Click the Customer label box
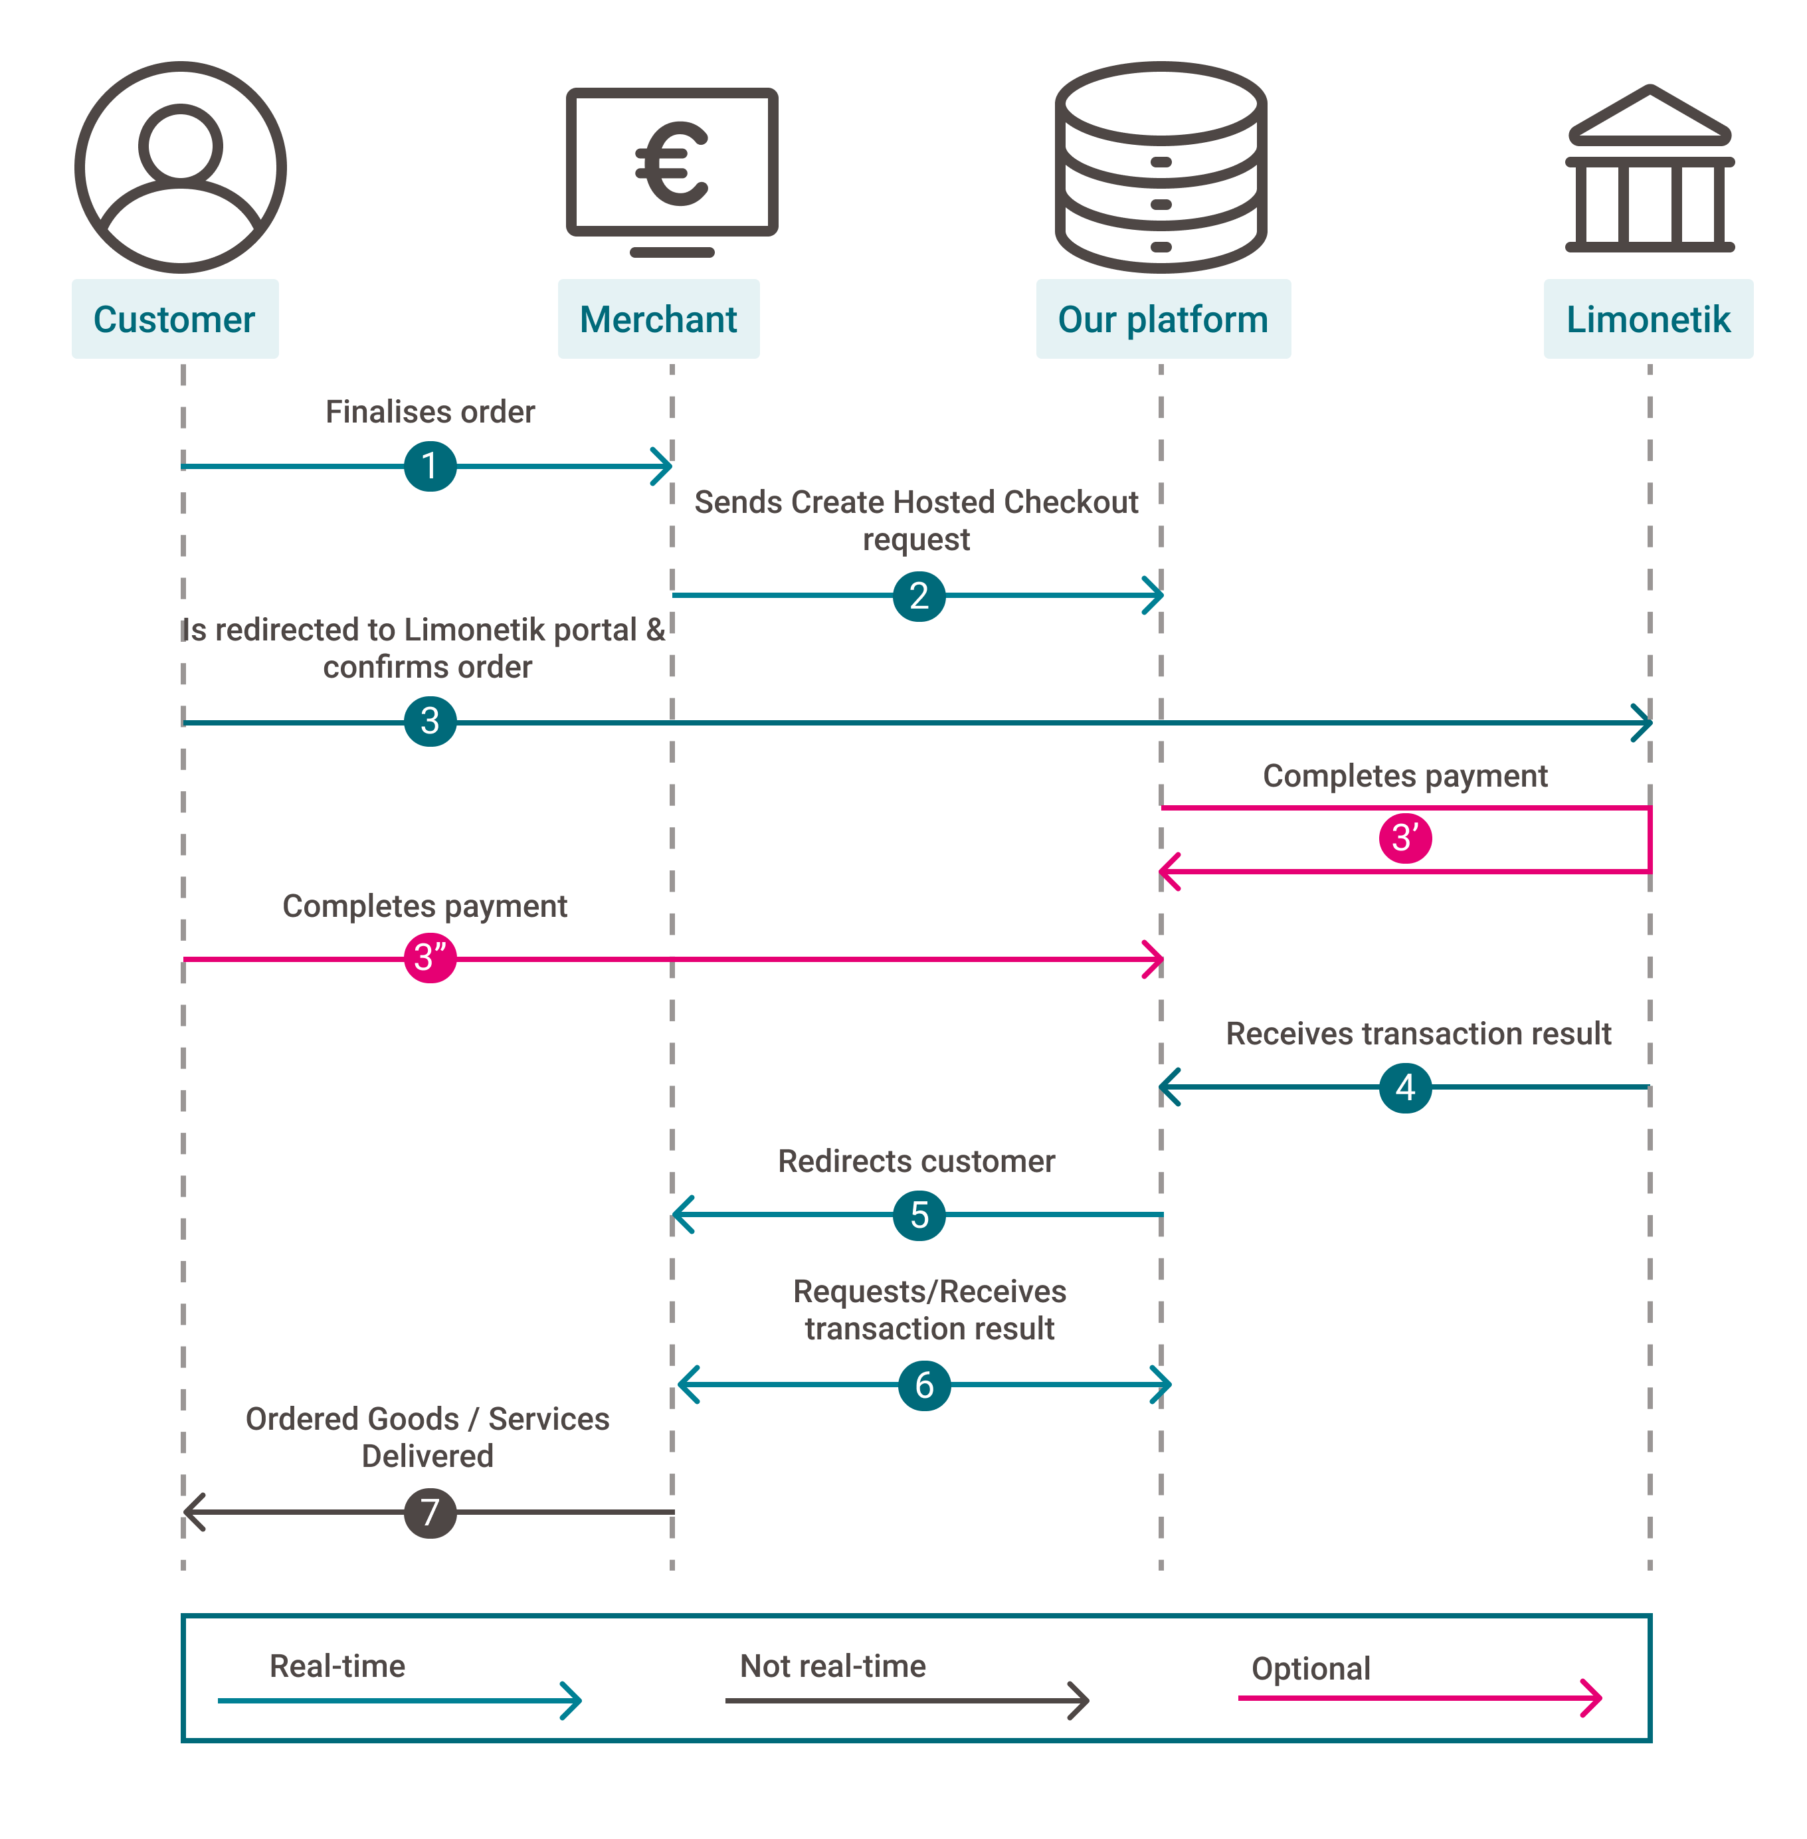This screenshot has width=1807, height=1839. [x=175, y=319]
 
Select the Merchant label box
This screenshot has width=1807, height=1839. [x=658, y=319]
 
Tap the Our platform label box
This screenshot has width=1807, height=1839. [x=1163, y=319]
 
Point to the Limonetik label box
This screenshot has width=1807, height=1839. [x=1648, y=319]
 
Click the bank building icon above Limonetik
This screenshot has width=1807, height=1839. [x=1650, y=171]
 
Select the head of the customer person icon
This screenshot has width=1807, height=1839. [x=180, y=144]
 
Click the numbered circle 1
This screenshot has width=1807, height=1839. [x=430, y=466]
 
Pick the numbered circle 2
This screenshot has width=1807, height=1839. [x=919, y=596]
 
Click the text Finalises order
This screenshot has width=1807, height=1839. [x=430, y=412]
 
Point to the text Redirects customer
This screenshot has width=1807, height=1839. [x=916, y=1161]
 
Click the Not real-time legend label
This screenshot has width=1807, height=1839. [x=832, y=1666]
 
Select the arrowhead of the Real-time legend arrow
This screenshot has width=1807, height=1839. [x=572, y=1700]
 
